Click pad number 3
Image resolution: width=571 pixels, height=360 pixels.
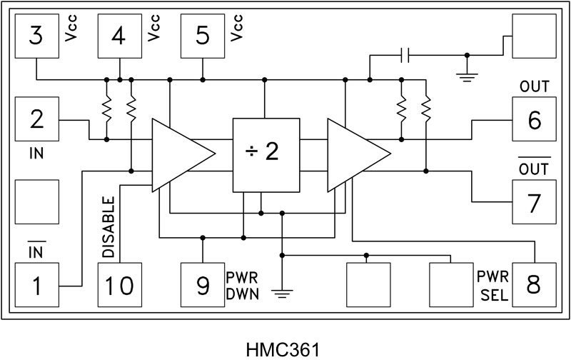point(36,36)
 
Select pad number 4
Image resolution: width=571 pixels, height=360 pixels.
point(119,36)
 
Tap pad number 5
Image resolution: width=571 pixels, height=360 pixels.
point(202,36)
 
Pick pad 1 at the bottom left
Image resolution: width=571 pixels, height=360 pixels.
point(36,286)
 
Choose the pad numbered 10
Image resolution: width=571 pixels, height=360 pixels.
point(119,286)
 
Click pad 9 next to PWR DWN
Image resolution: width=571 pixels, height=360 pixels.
point(202,286)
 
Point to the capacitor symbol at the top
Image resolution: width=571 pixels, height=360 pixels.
point(405,55)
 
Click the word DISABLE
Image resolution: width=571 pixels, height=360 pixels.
point(108,228)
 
